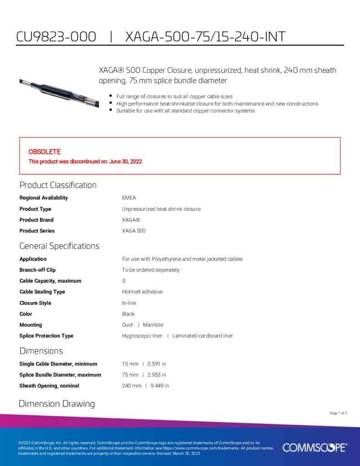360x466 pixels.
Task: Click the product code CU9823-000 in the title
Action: click(56, 36)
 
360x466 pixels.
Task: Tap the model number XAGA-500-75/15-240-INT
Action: click(205, 36)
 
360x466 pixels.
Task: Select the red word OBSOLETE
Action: click(45, 152)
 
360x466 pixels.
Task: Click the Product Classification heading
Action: click(58, 185)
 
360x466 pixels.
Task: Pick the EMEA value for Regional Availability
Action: click(129, 198)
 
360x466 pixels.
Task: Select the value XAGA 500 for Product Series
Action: click(134, 231)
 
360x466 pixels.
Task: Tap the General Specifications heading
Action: click(59, 246)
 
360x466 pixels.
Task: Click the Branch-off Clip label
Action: click(37, 270)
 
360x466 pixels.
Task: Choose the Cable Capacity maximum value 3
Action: click(123, 281)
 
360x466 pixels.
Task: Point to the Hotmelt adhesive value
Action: click(142, 292)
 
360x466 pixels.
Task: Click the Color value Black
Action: click(128, 314)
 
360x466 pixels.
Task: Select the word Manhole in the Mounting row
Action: click(153, 325)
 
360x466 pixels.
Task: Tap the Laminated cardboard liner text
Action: click(203, 336)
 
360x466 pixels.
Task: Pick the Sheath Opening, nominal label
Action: click(49, 386)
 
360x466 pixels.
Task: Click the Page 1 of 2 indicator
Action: click(338, 413)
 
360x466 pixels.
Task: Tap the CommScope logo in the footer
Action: click(314, 448)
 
